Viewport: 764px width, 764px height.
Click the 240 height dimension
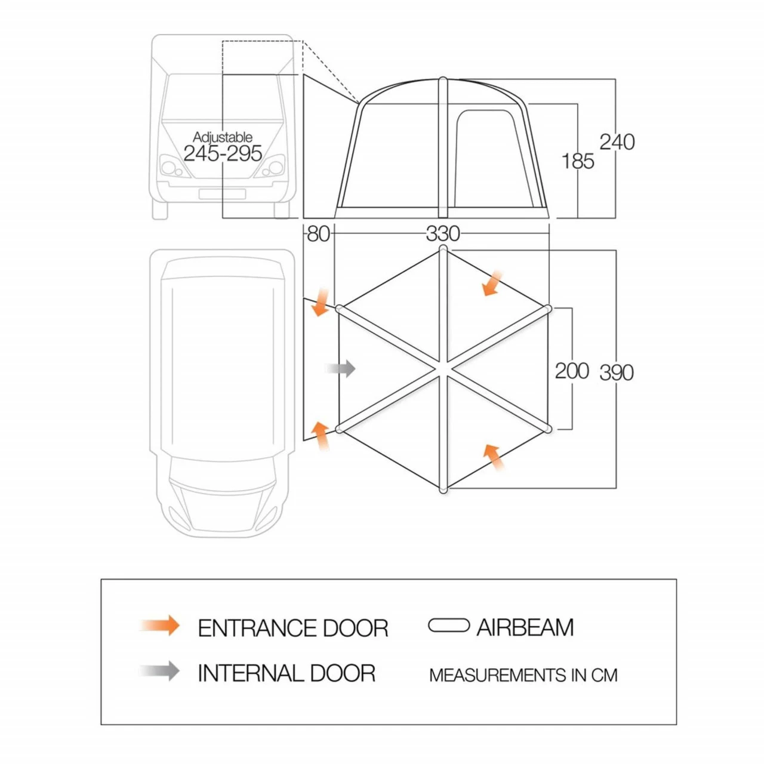pyautogui.click(x=617, y=142)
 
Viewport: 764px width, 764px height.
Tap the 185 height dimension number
pyautogui.click(x=577, y=161)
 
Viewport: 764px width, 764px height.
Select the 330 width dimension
pyautogui.click(x=442, y=233)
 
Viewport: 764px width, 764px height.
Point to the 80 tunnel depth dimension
pyautogui.click(x=318, y=233)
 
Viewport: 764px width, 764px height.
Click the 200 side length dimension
pyautogui.click(x=572, y=371)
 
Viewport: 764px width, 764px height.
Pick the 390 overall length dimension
pyautogui.click(x=616, y=372)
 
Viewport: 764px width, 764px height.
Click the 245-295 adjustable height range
pyautogui.click(x=223, y=153)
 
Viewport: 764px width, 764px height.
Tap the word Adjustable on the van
pyautogui.click(x=223, y=137)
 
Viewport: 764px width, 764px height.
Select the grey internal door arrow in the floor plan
pyautogui.click(x=341, y=369)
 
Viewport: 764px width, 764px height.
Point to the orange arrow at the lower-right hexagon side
pyautogui.click(x=493, y=457)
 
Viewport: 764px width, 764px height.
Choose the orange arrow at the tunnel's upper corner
pyautogui.click(x=321, y=302)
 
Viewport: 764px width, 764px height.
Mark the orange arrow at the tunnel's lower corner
pyautogui.click(x=321, y=435)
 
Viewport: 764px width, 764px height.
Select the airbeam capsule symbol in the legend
pyautogui.click(x=449, y=626)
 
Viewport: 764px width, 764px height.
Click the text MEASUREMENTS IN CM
pyautogui.click(x=523, y=675)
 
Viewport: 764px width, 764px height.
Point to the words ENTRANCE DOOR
pyautogui.click(x=292, y=628)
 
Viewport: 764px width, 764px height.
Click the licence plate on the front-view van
pyautogui.click(x=222, y=194)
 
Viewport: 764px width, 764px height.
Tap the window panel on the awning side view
pyautogui.click(x=485, y=158)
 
